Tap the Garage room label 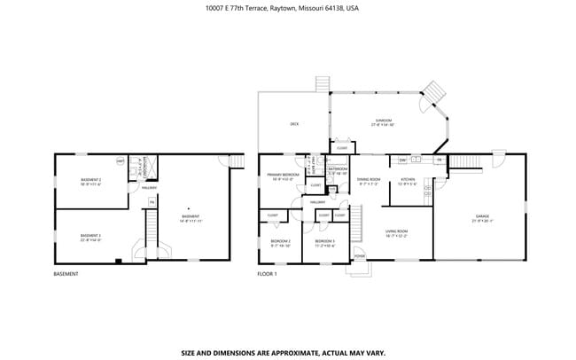[x=483, y=217]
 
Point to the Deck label [x=294, y=124]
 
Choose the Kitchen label [x=408, y=181]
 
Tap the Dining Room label [x=369, y=181]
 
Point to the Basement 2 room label [x=90, y=182]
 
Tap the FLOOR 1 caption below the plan [x=268, y=274]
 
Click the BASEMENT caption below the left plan [x=66, y=274]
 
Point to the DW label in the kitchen [x=402, y=160]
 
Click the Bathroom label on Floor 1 [x=338, y=169]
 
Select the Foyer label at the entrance [x=359, y=255]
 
